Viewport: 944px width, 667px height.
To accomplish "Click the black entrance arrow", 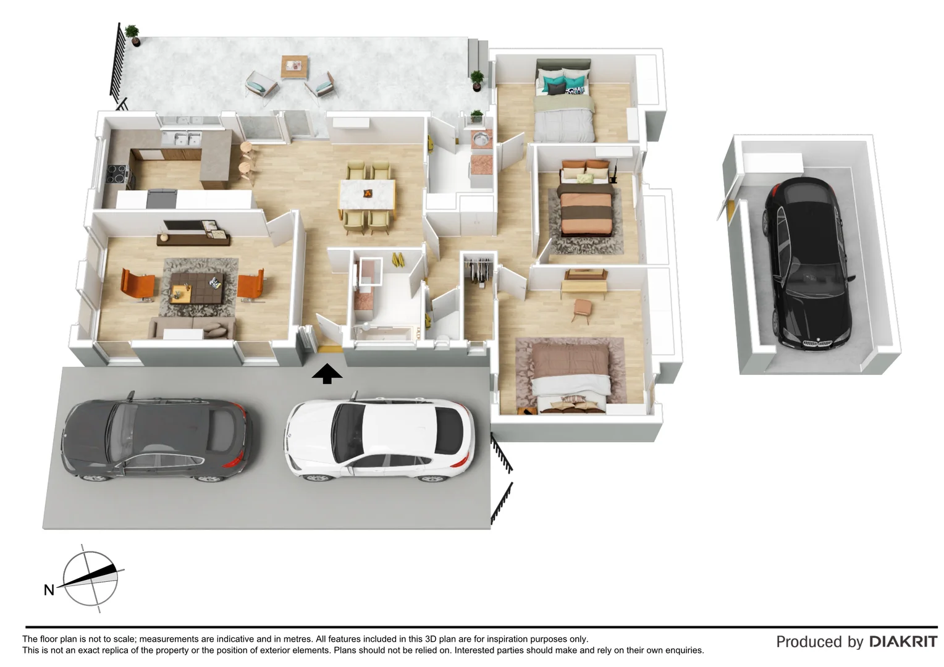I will pyautogui.click(x=327, y=374).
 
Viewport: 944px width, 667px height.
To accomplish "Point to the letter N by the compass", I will pyautogui.click(x=49, y=590).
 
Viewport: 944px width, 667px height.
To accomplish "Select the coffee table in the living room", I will pyautogui.click(x=196, y=287).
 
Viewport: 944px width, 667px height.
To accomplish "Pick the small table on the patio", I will pyautogui.click(x=294, y=66).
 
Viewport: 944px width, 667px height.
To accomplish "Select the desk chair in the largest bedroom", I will pyautogui.click(x=581, y=309).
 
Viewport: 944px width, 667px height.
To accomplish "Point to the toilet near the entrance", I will pyautogui.click(x=442, y=341).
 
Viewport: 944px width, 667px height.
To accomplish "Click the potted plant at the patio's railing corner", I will pyautogui.click(x=132, y=34).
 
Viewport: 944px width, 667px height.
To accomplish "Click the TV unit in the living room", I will pyautogui.click(x=193, y=235).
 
